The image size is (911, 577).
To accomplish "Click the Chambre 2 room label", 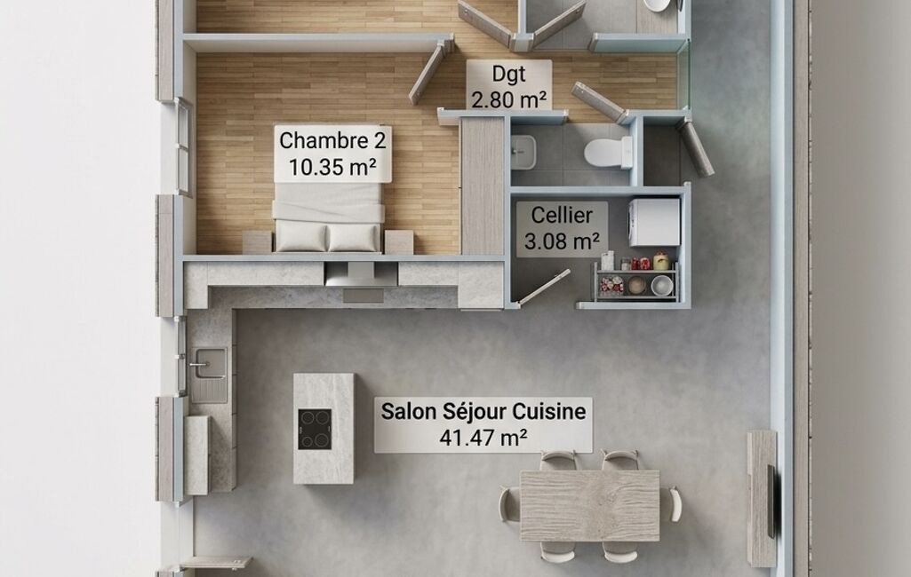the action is click(x=332, y=154).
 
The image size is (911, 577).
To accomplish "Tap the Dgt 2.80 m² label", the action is click(x=509, y=86).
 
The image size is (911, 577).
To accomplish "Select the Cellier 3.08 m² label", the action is click(x=562, y=228).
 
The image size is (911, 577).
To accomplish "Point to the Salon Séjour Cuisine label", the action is click(x=483, y=424).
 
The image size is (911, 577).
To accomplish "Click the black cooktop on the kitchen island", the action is click(x=315, y=430).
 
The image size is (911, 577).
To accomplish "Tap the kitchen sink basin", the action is click(x=210, y=362).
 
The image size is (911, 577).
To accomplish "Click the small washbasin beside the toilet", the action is click(x=523, y=152).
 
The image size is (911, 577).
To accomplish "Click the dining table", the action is click(x=590, y=505).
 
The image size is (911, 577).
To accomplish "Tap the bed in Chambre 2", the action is click(x=328, y=217).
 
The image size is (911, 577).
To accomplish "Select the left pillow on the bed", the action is click(x=300, y=237).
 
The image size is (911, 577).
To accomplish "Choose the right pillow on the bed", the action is click(x=353, y=237).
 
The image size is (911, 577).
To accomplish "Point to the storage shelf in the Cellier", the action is click(x=636, y=280).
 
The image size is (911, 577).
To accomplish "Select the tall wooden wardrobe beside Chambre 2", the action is click(x=483, y=186).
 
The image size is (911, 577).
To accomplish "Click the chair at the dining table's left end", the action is click(x=509, y=504).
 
